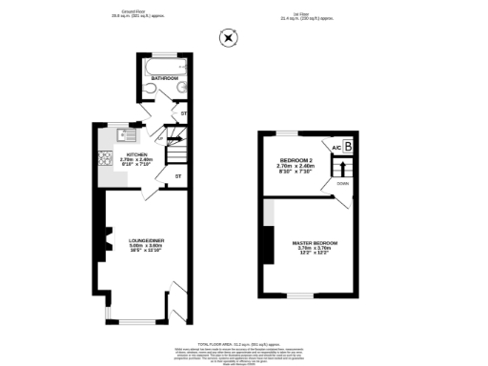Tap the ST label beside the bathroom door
(184, 116)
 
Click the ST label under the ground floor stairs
(177, 176)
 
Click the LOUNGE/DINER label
(147, 239)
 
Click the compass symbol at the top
(228, 38)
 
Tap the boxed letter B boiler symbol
(348, 146)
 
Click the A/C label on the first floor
(335, 148)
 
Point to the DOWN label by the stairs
(342, 183)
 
